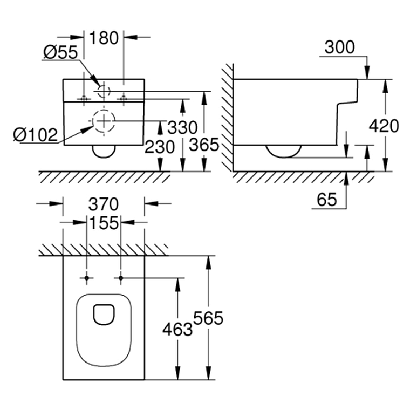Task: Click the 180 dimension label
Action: tap(104, 38)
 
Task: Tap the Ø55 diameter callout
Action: tap(60, 52)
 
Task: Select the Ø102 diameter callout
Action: tap(35, 135)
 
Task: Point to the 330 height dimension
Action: tap(182, 128)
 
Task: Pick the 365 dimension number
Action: tap(204, 145)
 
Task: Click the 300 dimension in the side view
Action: tap(340, 47)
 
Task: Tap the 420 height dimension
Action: tap(384, 126)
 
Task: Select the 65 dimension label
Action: tap(327, 200)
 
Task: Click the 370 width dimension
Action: tap(104, 204)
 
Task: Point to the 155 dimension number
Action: tap(104, 223)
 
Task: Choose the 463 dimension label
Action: tap(177, 329)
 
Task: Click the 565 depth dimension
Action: tap(208, 318)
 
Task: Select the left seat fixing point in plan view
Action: tap(87, 278)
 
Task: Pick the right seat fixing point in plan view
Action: tap(120, 278)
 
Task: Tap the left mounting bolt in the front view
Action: tap(84, 99)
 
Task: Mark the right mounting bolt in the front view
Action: tap(124, 99)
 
